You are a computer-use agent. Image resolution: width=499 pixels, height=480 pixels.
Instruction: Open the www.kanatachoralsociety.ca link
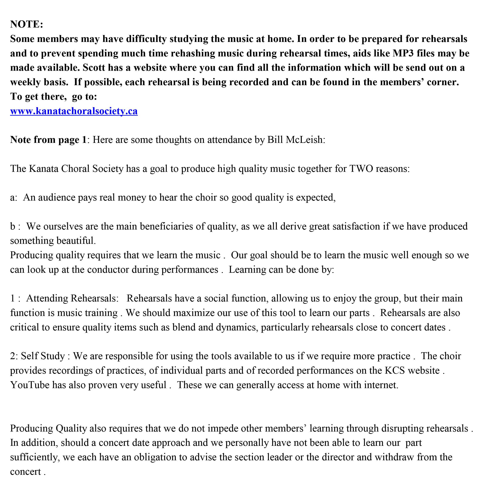pos(74,111)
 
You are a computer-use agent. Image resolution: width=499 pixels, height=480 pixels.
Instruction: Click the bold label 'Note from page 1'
pos(48,140)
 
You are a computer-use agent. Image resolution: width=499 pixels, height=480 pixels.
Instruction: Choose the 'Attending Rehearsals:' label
pos(72,298)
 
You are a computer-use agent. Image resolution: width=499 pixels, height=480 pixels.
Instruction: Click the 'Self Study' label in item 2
pos(43,356)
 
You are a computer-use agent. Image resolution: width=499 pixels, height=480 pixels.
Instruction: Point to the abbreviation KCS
pos(394,370)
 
